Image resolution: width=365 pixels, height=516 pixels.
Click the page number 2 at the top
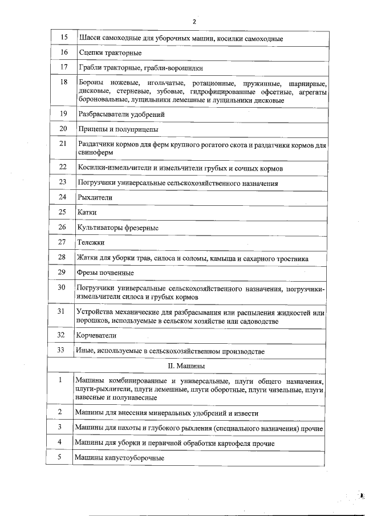point(194,22)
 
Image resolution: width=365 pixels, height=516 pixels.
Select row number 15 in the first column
point(64,38)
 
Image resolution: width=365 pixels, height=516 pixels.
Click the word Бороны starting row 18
point(90,83)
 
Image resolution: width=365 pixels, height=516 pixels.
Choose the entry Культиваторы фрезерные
point(117,227)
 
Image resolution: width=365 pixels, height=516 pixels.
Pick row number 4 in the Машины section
point(59,442)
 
